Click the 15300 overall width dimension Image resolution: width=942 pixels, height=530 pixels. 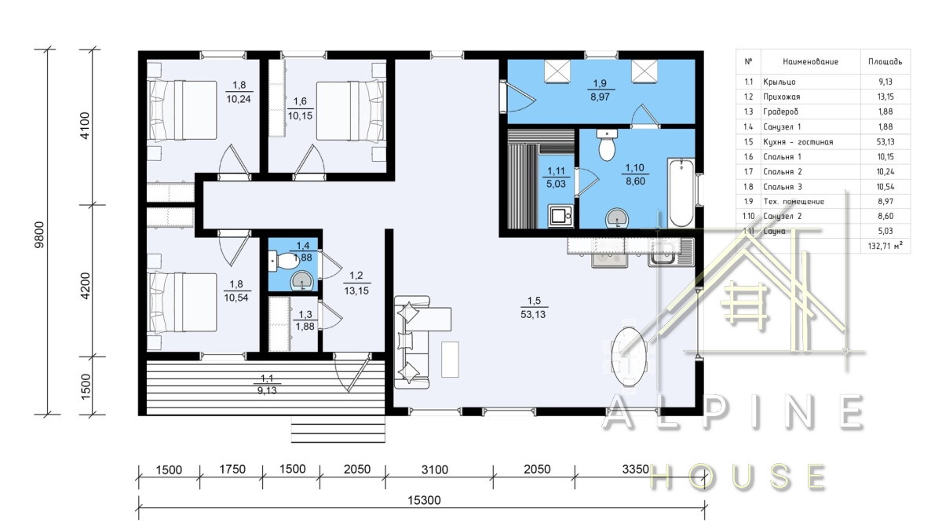click(x=425, y=500)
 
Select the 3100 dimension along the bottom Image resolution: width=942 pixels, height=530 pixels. click(x=435, y=469)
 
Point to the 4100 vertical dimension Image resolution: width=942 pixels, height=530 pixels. click(x=85, y=126)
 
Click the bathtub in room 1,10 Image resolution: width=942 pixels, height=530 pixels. click(x=681, y=192)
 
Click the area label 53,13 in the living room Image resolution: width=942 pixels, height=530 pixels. click(x=533, y=314)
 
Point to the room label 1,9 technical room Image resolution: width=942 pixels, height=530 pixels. click(x=600, y=83)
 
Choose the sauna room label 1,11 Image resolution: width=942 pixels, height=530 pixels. click(x=556, y=171)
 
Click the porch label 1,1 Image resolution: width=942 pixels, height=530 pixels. click(x=267, y=378)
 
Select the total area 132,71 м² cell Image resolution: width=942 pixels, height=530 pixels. click(x=885, y=246)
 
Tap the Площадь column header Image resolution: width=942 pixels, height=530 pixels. click(x=885, y=62)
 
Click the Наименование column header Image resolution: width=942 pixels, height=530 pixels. click(x=810, y=62)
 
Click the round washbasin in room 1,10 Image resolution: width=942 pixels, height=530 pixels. click(x=616, y=218)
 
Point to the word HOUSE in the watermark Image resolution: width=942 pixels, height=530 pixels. click(x=738, y=477)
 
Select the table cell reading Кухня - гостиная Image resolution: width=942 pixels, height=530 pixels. click(x=798, y=142)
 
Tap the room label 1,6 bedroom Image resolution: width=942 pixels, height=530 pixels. click(x=300, y=101)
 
